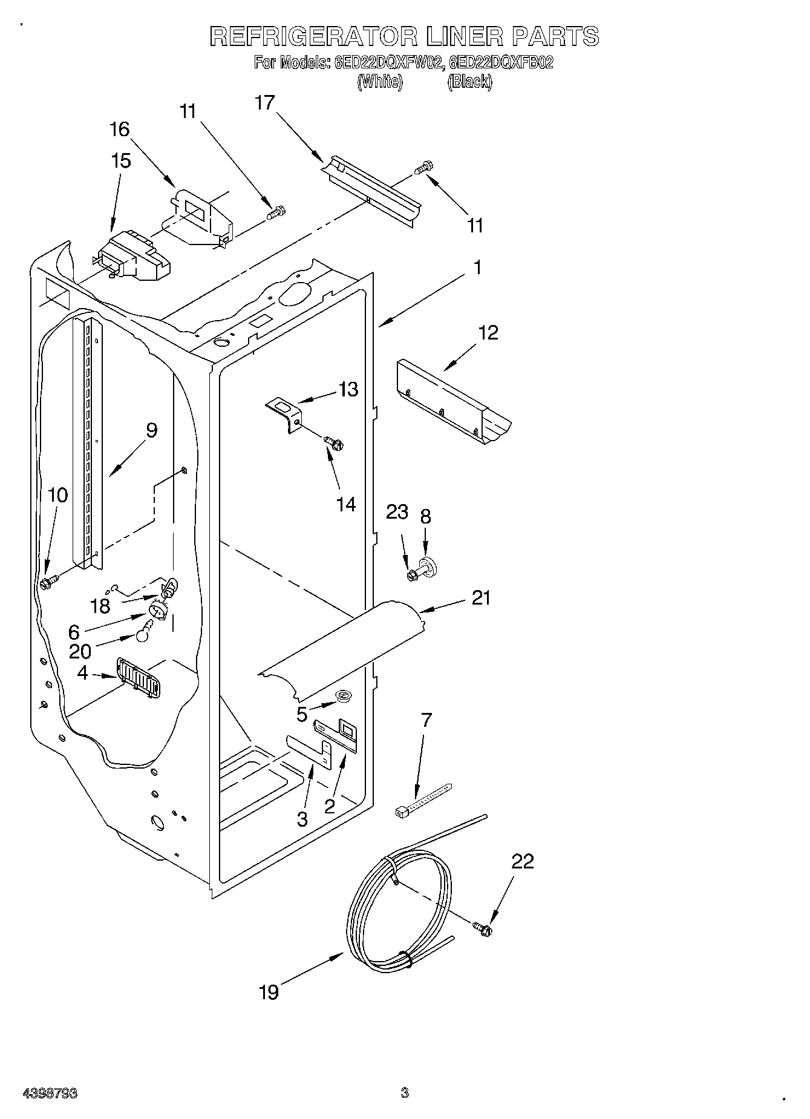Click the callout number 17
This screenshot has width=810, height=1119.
coord(264,103)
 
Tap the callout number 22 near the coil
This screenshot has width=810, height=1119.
coord(523,862)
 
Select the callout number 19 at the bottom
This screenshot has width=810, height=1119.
coord(269,992)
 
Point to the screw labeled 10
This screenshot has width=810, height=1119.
coord(48,582)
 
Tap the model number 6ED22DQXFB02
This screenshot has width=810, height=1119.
coord(502,62)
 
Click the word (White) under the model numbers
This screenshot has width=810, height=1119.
coord(379,82)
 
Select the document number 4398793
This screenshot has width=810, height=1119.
coord(50,1094)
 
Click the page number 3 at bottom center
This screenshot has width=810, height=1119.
coord(404,1093)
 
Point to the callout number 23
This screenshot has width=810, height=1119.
coord(397,512)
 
